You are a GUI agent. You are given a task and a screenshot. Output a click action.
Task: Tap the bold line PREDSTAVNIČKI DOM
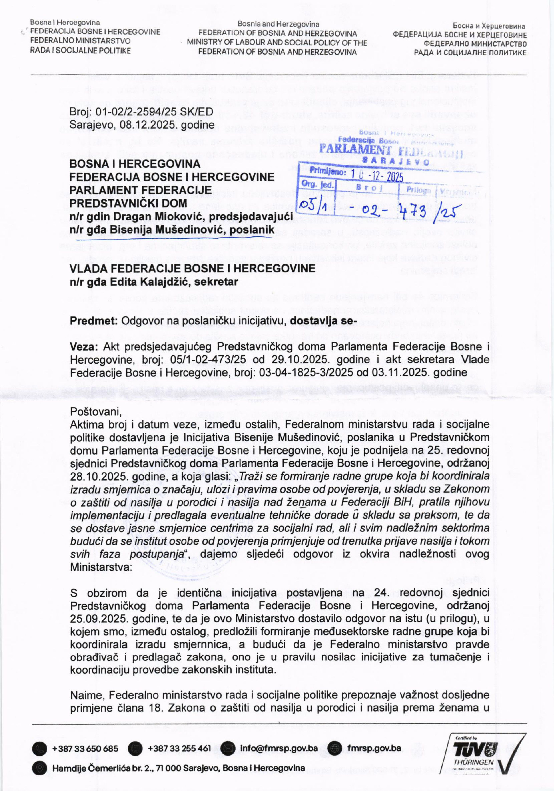tap(128, 203)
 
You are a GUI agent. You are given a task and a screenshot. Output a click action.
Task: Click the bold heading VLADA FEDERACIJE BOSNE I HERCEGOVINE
tap(192, 268)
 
